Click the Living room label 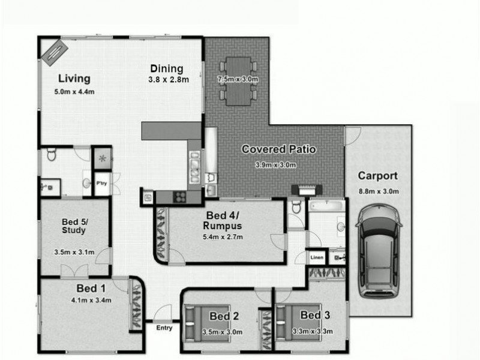point(74,78)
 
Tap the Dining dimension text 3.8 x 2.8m point(170,80)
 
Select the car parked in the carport point(379,252)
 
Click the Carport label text point(378,176)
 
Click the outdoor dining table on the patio point(238,78)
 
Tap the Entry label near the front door point(164,328)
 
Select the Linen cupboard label point(317,257)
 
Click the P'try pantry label point(102,184)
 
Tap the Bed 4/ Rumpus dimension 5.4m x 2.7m point(221,236)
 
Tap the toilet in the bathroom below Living point(51,155)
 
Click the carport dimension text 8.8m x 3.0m point(378,191)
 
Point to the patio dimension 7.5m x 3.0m point(238,79)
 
